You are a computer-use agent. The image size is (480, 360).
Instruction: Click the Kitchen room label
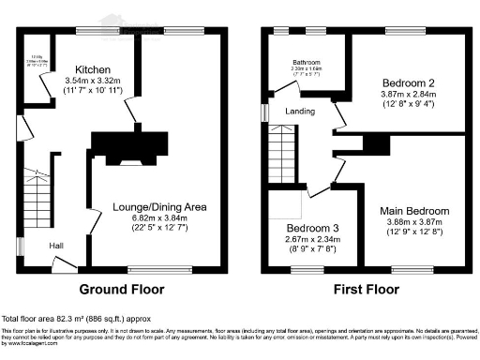click(x=95, y=70)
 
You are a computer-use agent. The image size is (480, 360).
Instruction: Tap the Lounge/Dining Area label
click(x=155, y=206)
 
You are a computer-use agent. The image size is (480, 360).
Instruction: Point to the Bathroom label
click(x=306, y=63)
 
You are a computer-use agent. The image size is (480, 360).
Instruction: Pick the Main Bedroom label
click(x=415, y=211)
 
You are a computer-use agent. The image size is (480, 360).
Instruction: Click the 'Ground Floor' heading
click(x=121, y=289)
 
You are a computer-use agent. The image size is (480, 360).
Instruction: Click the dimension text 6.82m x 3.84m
click(x=155, y=217)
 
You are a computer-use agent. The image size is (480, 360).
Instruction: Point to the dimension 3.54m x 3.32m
click(x=95, y=82)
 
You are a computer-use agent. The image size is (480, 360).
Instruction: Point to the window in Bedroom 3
click(x=306, y=269)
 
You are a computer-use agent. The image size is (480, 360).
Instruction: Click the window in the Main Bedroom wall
click(x=417, y=269)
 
